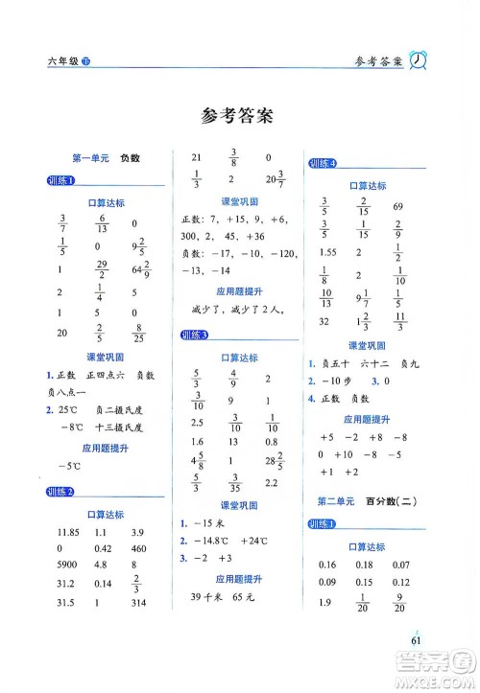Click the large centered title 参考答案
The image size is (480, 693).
[239, 117]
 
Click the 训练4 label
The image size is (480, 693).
[323, 165]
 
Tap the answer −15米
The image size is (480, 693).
[209, 524]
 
